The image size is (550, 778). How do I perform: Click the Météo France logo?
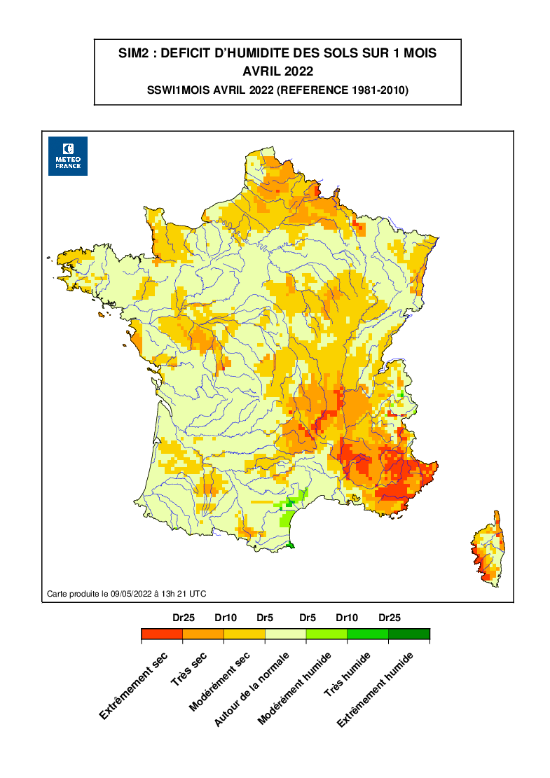click(x=67, y=155)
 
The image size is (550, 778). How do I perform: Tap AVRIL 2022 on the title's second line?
click(x=277, y=71)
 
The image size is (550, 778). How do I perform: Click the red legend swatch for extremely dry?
click(x=162, y=634)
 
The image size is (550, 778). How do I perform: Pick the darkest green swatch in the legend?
click(x=409, y=634)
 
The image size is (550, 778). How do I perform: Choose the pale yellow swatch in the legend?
click(x=285, y=634)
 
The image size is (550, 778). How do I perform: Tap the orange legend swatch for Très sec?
click(x=203, y=634)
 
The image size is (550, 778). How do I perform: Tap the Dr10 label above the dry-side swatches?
click(x=224, y=618)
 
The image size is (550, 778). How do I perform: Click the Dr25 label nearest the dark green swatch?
click(x=390, y=618)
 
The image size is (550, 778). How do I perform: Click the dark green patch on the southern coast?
click(x=292, y=545)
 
